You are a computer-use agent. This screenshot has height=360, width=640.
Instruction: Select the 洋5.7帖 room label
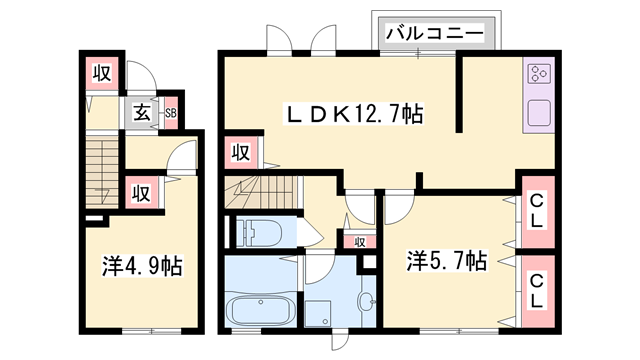[x=446, y=262]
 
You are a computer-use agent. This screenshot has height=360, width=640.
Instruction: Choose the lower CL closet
[x=537, y=290]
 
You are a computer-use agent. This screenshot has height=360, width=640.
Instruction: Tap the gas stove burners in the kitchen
[x=538, y=74]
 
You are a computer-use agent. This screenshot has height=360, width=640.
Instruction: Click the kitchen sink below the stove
[x=538, y=113]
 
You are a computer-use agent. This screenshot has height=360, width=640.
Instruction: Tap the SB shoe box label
[x=171, y=113]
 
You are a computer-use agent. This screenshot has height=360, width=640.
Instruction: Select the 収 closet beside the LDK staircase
[x=241, y=152]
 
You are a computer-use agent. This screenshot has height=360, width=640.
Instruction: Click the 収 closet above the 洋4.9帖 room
[x=141, y=191]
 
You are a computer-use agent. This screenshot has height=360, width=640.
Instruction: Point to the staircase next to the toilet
[x=262, y=192]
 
